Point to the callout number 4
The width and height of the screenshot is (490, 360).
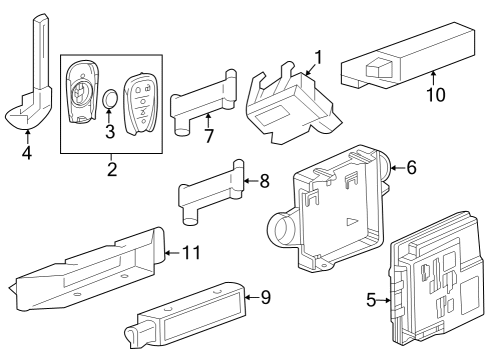tap(27, 154)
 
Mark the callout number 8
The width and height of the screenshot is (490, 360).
tap(264, 182)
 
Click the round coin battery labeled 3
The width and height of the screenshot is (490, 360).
tap(111, 101)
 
